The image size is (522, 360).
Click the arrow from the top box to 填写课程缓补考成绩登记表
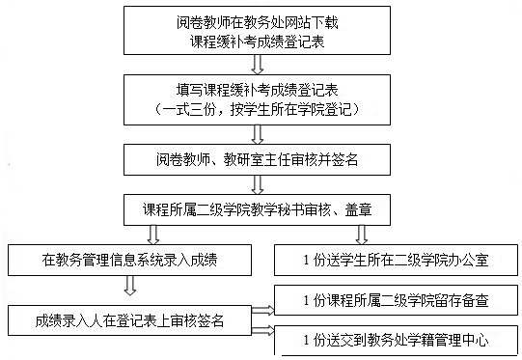257,65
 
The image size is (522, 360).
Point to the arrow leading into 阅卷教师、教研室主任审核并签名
257,133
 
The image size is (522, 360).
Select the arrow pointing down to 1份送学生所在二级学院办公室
361,233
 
